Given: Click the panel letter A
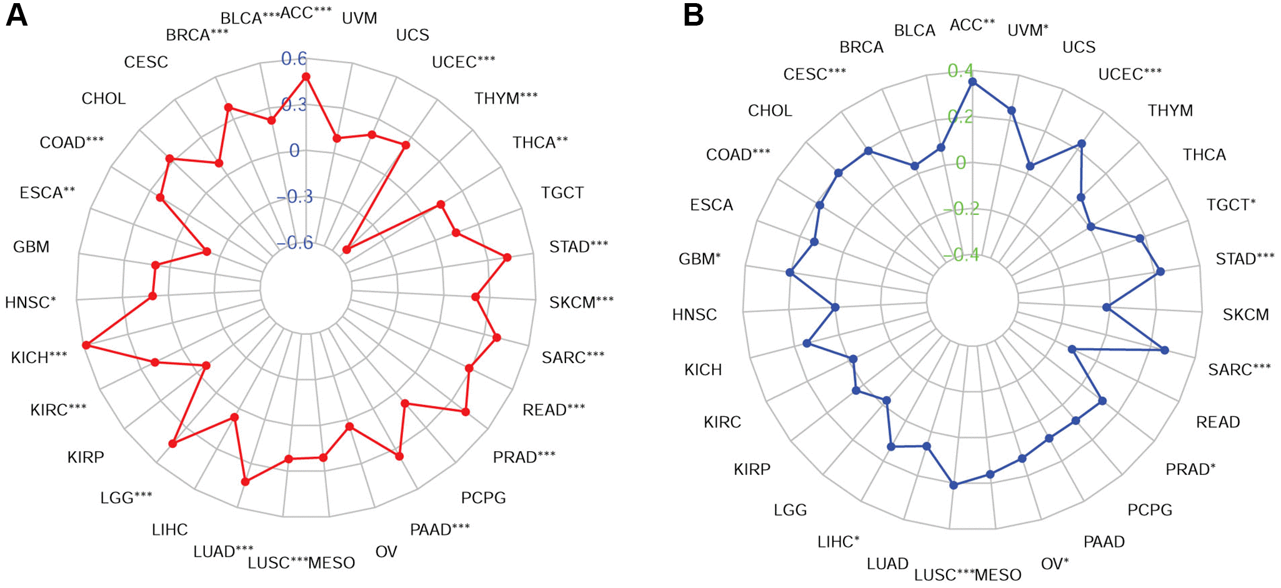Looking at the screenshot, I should (x=16, y=15).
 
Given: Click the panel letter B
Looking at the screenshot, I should (x=694, y=15).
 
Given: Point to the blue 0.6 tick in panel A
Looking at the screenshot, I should (x=294, y=59).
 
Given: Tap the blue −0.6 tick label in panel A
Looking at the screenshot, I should (x=295, y=243).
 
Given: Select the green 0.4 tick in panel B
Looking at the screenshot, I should (x=960, y=71).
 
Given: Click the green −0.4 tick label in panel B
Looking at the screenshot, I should (x=962, y=255).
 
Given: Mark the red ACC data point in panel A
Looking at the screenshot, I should (x=306, y=77).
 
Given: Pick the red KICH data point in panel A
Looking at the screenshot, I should (x=86, y=345).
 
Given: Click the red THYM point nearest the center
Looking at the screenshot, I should (x=347, y=250).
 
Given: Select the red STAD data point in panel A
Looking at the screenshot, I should (x=507, y=257).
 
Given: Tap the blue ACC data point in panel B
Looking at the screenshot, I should (x=972, y=82).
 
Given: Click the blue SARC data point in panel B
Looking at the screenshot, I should (x=1165, y=351).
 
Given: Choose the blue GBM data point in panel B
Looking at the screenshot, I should (x=790, y=272).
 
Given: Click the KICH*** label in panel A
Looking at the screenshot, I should (x=39, y=357).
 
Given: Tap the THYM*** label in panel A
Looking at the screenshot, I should (x=506, y=98).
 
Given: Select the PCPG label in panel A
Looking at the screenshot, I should (x=483, y=498).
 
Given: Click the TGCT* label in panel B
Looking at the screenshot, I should (x=1230, y=205).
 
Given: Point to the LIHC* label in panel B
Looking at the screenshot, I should (x=838, y=542).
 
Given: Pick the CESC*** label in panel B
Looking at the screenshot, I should (x=814, y=74).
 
